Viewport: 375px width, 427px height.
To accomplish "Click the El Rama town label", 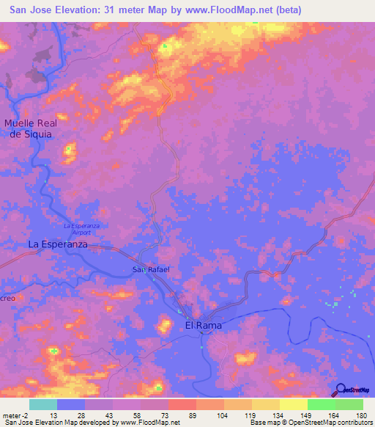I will coord(203,325).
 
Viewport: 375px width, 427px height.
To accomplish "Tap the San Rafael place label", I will coord(151,270).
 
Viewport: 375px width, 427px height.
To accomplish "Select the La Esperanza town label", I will coord(58,244).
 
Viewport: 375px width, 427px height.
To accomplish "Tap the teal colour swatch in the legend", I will coord(42,404).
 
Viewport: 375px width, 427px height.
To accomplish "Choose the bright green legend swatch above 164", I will coord(321,404).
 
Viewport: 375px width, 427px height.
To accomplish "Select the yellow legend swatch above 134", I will coord(265,404).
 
